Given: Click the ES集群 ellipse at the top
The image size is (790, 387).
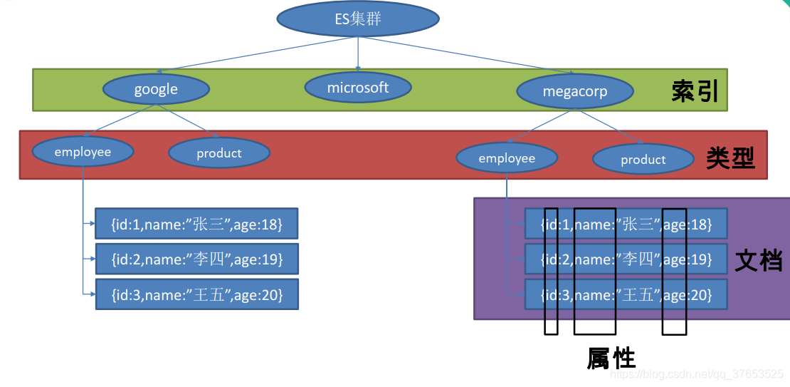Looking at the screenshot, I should coord(357,19).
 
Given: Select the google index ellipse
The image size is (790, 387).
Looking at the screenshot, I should coord(156,89).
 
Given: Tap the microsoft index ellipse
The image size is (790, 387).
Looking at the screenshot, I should coord(358,88).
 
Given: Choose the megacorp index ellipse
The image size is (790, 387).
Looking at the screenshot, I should coord(574,92).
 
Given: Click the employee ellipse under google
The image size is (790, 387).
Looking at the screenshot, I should coord(83,152).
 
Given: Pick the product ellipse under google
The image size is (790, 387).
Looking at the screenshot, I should coord(219,153).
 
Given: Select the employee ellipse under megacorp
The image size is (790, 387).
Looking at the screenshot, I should coord(507,158).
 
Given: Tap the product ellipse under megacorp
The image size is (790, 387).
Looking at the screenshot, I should coord(643,160).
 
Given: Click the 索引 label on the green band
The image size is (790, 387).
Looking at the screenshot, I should coord(695,91).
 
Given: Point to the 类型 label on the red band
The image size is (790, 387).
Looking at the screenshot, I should coord(730,158).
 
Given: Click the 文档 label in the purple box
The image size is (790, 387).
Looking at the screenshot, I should coord(759,260).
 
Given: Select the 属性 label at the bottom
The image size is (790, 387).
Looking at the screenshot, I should coord(611,358).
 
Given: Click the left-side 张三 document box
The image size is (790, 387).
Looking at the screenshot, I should coord(196,224).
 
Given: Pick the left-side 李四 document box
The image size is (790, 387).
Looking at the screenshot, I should coord(196,259).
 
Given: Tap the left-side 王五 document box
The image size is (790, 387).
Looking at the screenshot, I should coord(196,294).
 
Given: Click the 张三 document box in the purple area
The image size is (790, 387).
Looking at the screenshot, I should coord(626,224).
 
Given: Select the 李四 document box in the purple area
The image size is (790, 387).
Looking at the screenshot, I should coord(626,259).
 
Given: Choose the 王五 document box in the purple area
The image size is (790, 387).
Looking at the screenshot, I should coord(626,294).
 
